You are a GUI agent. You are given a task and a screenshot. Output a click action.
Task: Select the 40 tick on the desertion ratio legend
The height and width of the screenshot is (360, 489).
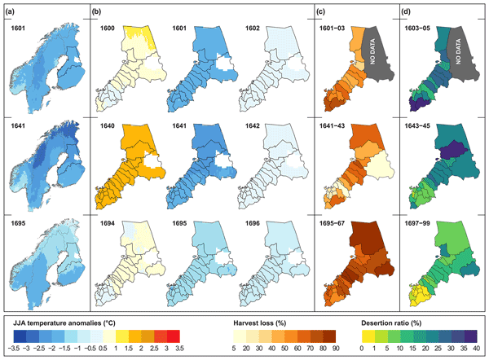(x=476, y=347)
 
